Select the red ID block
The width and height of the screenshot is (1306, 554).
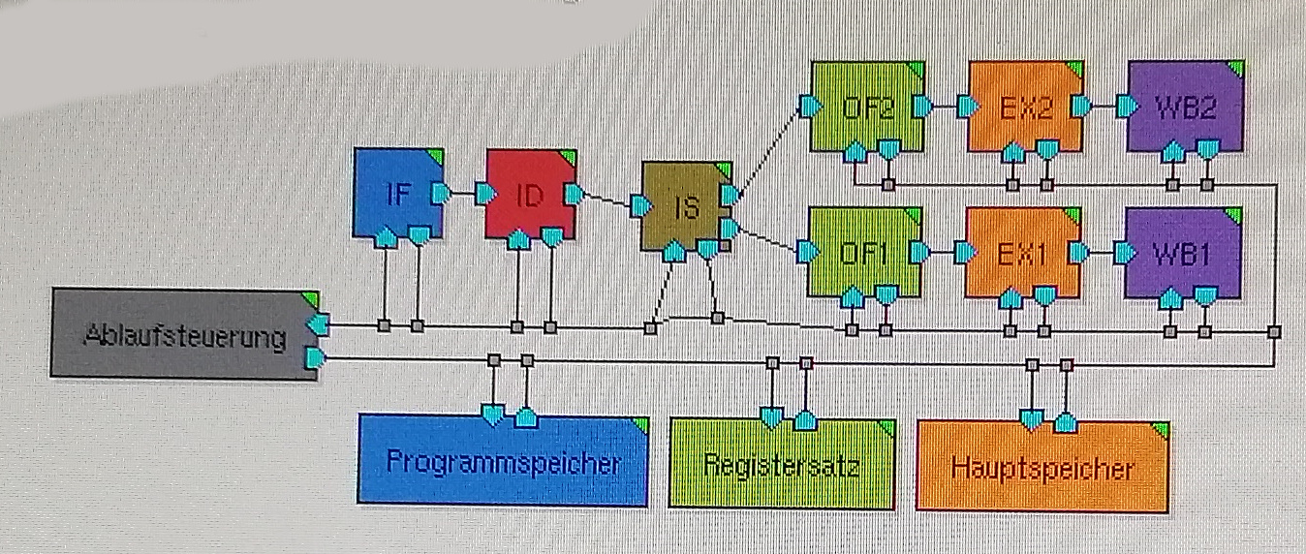(x=529, y=194)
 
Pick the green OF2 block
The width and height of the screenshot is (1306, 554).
(x=865, y=106)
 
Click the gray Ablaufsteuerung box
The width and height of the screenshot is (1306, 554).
(x=184, y=337)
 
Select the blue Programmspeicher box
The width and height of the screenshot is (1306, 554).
(x=502, y=462)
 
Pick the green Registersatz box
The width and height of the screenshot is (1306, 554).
(x=782, y=464)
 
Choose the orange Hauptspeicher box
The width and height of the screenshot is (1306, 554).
(x=1042, y=467)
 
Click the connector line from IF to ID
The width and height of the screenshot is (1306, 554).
(x=461, y=194)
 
